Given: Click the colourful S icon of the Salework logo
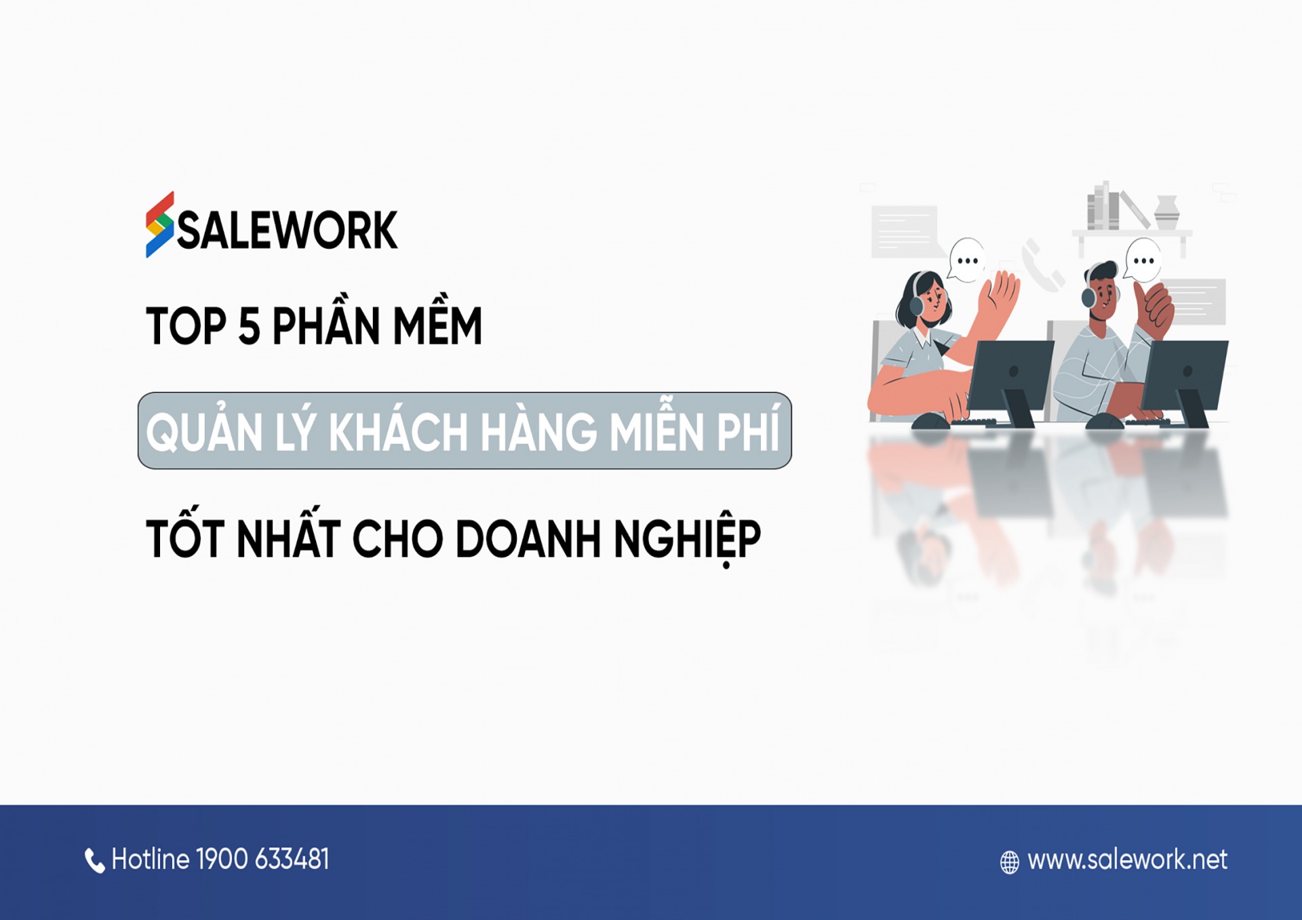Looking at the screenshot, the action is tap(159, 224).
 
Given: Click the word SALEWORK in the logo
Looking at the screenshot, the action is tap(287, 231).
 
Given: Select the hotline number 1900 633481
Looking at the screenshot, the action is tap(262, 859).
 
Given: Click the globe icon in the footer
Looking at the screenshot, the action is tap(1010, 862).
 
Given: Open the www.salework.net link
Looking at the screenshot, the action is tap(1127, 860).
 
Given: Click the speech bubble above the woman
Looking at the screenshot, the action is tap(966, 260).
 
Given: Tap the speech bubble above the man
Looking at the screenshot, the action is tap(1143, 260).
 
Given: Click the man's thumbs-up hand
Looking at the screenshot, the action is tap(1153, 308).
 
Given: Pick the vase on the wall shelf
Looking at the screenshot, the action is tap(1167, 212).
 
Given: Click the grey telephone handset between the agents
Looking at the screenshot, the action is tap(1042, 265).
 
